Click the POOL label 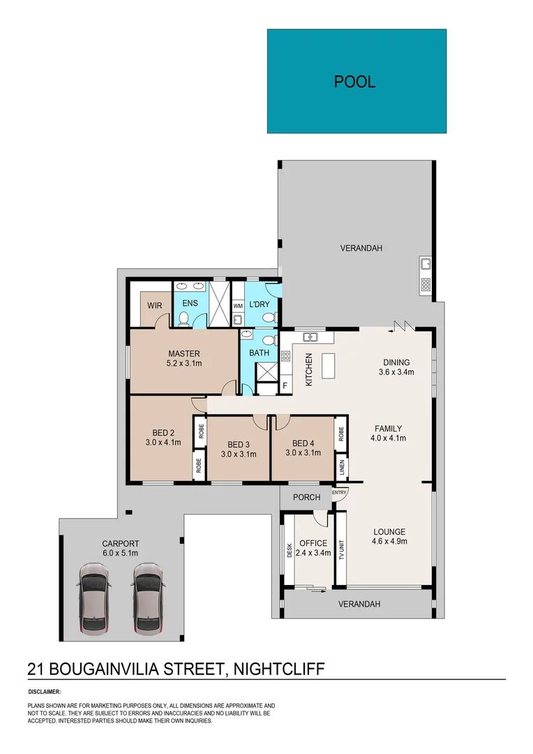pyautogui.click(x=355, y=82)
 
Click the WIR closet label pyautogui.click(x=154, y=305)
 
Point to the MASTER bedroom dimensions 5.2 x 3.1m pyautogui.click(x=184, y=363)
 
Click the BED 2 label pyautogui.click(x=163, y=431)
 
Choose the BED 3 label pyautogui.click(x=239, y=445)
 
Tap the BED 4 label pyautogui.click(x=303, y=443)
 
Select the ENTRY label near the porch pyautogui.click(x=340, y=494)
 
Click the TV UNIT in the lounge pyautogui.click(x=342, y=550)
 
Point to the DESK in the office pyautogui.click(x=289, y=551)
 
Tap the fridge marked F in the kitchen pyautogui.click(x=285, y=385)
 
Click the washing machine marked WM pyautogui.click(x=237, y=306)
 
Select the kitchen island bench pyautogui.click(x=330, y=365)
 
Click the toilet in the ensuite pyautogui.click(x=184, y=319)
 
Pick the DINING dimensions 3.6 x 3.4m pyautogui.click(x=396, y=372)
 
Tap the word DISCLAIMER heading pyautogui.click(x=44, y=691)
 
